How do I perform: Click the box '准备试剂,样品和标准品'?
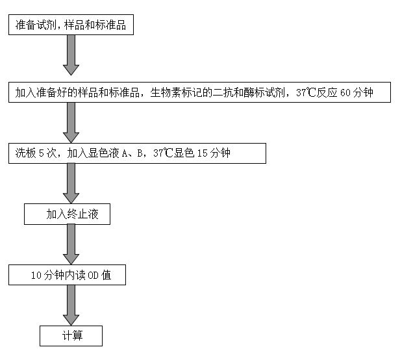pos(71,26)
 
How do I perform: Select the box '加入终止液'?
pos(67,214)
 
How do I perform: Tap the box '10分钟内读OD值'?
pos(67,276)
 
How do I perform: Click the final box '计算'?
pos(71,336)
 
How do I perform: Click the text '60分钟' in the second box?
pos(356,93)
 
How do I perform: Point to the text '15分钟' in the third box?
pos(214,154)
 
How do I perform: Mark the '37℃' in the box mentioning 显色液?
pos(164,154)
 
